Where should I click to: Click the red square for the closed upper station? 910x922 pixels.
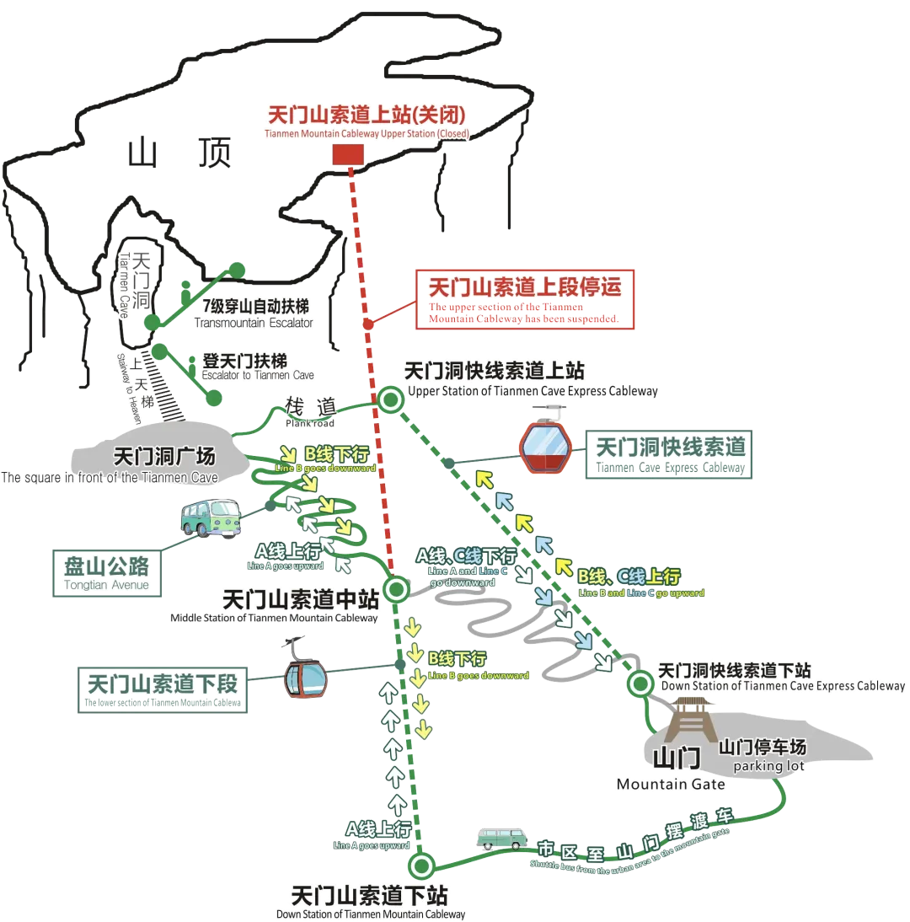click(x=347, y=155)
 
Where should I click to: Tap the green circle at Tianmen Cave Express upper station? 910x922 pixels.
click(x=390, y=400)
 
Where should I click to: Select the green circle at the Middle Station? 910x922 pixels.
click(x=395, y=587)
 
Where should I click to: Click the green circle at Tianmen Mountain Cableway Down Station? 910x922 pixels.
click(x=420, y=866)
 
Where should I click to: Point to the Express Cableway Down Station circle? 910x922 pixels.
click(x=640, y=683)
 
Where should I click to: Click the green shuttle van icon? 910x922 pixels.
click(x=500, y=839)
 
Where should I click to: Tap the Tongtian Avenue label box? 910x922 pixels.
click(x=106, y=573)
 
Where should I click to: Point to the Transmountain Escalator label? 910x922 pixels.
click(x=253, y=314)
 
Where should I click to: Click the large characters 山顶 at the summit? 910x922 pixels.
click(x=182, y=154)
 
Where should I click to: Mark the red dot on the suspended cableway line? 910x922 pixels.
click(x=368, y=324)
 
